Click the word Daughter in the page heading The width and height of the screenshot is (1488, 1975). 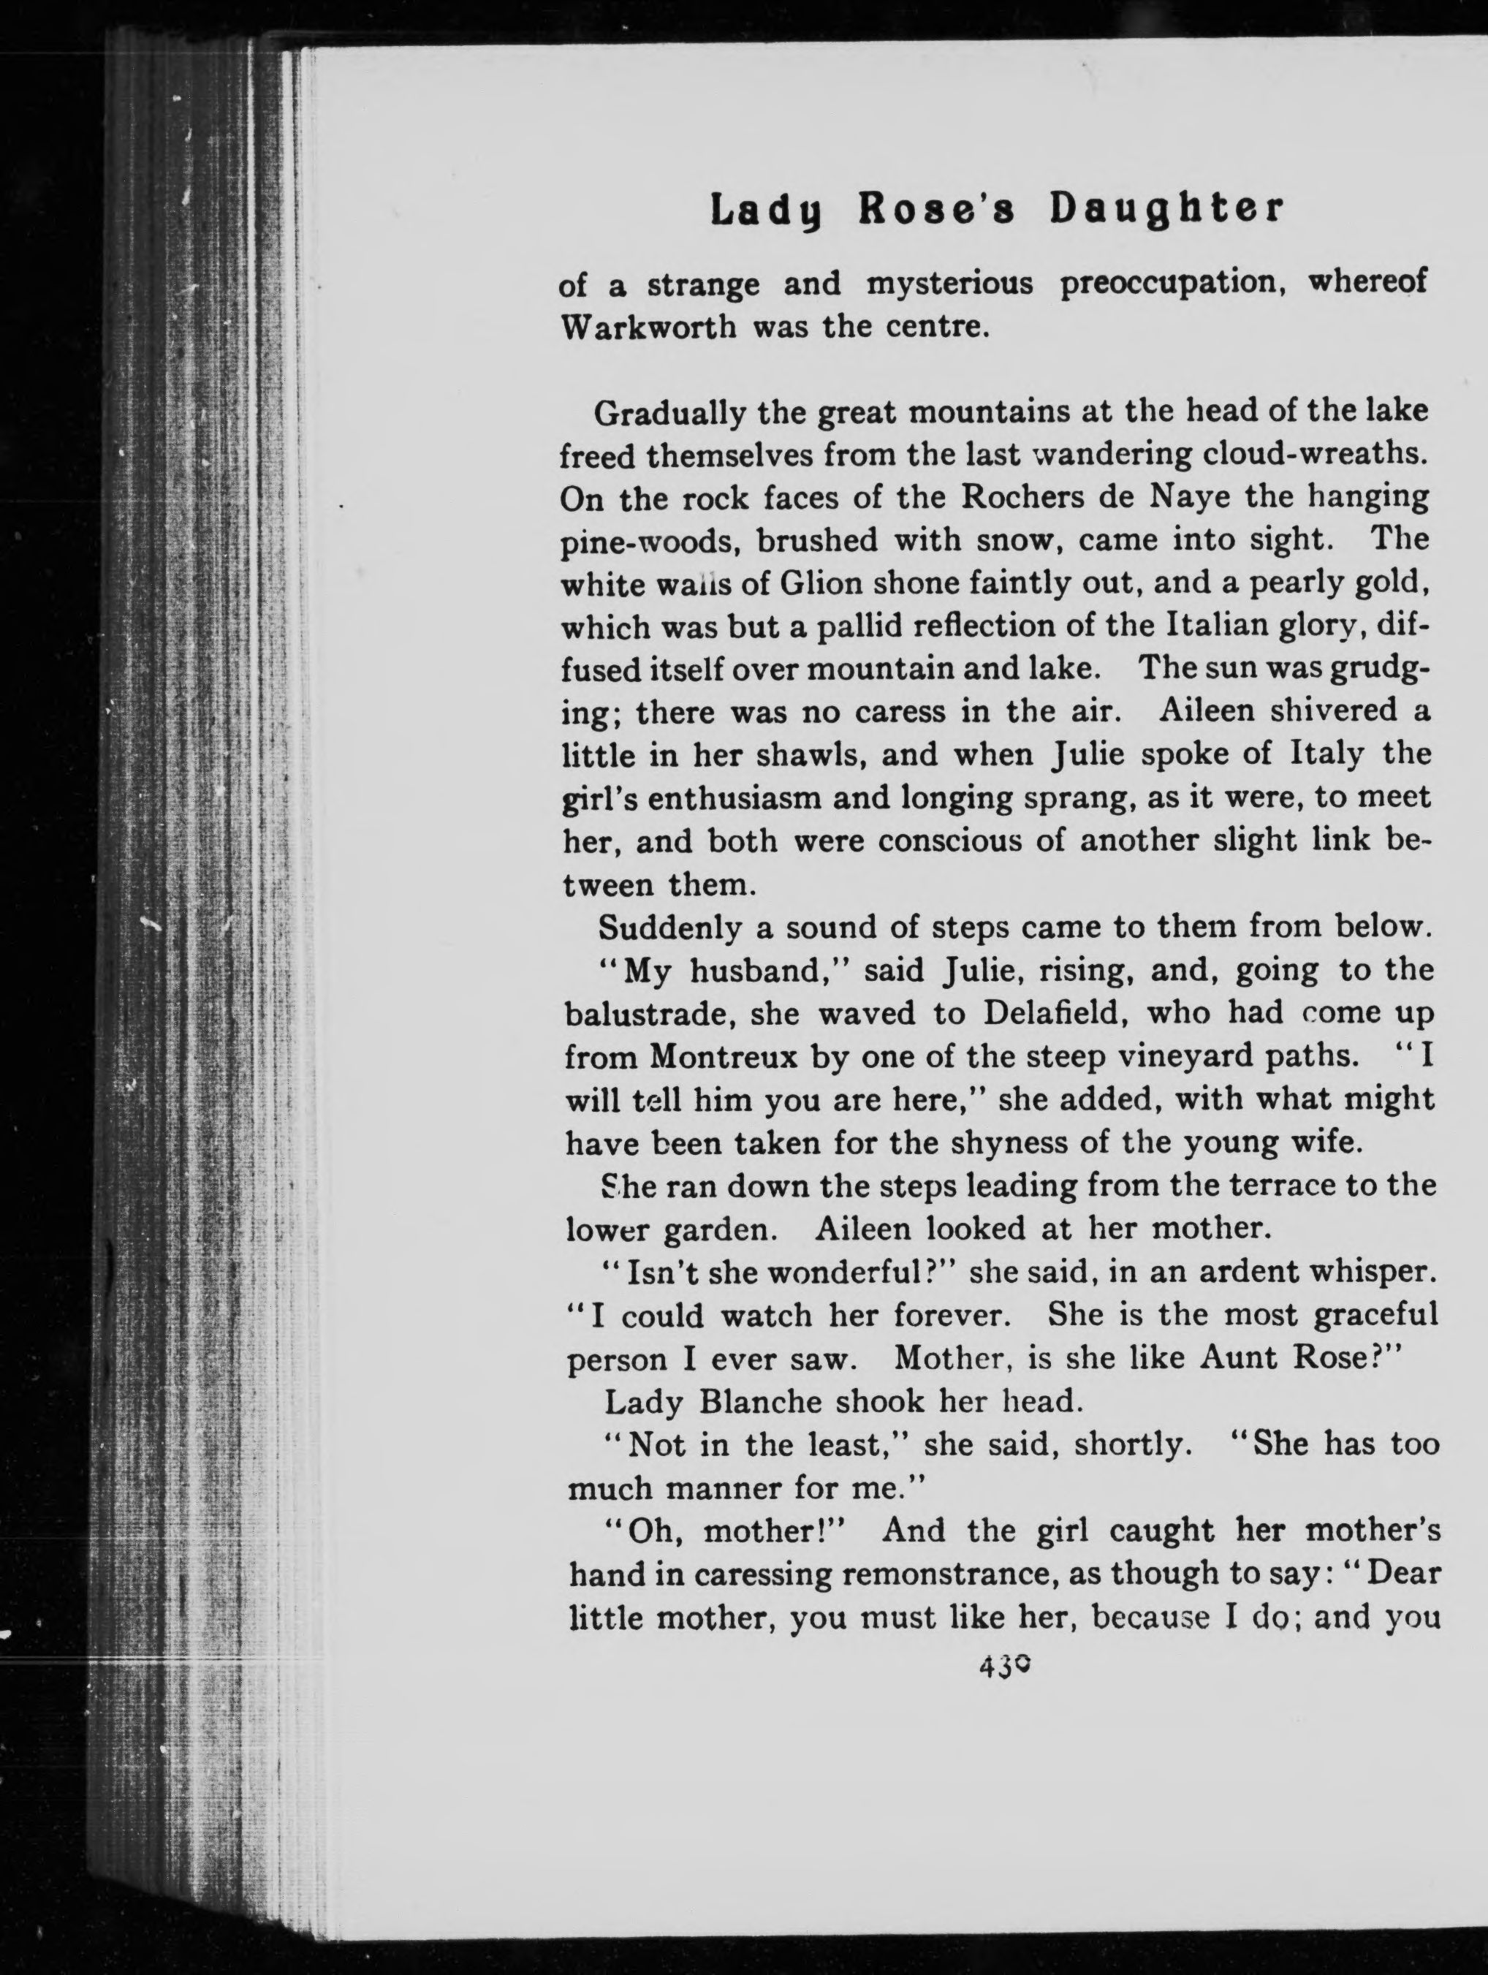(x=1166, y=210)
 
